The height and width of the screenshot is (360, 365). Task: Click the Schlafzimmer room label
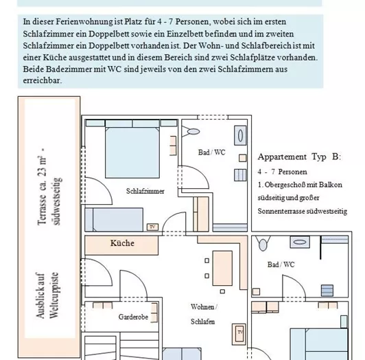click(x=145, y=191)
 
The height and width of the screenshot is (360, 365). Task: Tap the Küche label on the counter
click(x=123, y=243)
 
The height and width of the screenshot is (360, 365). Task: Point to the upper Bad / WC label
click(x=211, y=153)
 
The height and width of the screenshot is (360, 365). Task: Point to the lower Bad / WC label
click(x=281, y=265)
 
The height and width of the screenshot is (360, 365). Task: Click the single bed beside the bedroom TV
click(x=115, y=220)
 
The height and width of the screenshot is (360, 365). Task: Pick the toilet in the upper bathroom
click(x=193, y=131)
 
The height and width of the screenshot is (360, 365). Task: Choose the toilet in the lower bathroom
click(x=261, y=244)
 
